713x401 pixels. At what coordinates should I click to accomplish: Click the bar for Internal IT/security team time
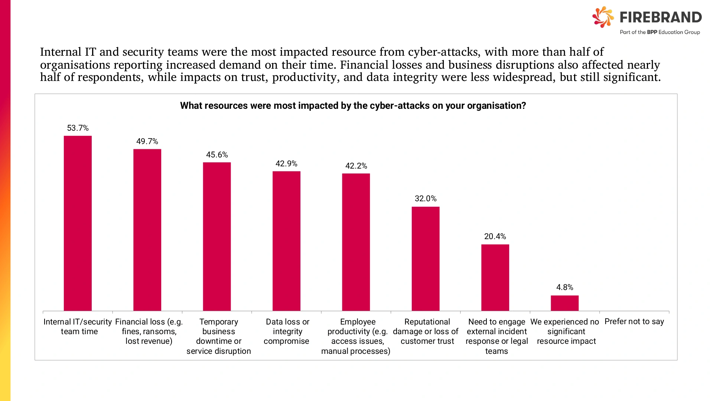(78, 223)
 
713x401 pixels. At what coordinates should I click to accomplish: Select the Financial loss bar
(147, 230)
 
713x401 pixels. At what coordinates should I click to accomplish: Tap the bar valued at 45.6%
(217, 237)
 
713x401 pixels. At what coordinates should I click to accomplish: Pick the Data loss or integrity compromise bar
(286, 241)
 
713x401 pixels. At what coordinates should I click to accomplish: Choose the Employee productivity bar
(356, 242)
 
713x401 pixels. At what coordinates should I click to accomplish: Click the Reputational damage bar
(426, 259)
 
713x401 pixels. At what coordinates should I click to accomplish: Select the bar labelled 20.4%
(495, 277)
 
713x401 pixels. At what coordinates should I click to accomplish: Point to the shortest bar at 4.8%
(564, 303)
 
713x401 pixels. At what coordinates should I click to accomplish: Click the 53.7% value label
(78, 128)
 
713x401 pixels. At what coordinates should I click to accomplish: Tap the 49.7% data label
(147, 141)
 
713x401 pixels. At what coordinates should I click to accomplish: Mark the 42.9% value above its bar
(286, 164)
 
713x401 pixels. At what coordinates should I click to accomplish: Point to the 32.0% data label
(426, 199)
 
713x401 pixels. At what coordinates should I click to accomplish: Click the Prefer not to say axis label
(634, 322)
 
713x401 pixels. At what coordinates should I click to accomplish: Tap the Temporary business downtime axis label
(219, 336)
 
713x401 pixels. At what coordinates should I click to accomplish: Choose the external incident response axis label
(497, 336)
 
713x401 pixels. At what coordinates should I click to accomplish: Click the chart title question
(353, 106)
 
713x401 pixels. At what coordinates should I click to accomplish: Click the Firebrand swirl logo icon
(603, 17)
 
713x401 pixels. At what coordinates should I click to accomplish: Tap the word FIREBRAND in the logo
(661, 17)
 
